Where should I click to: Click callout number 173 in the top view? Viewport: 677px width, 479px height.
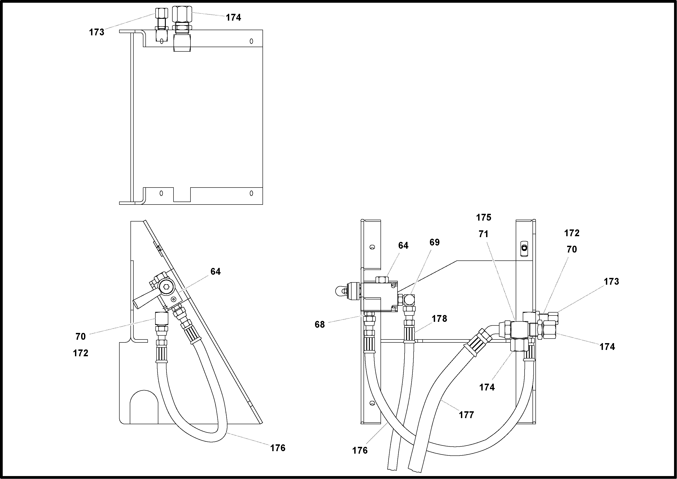96,32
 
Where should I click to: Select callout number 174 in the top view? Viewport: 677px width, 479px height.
233,18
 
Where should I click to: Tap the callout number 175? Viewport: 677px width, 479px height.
484,217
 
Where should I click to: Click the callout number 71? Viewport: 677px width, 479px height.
483,234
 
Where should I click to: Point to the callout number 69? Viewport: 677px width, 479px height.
434,242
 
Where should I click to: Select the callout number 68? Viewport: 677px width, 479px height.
319,325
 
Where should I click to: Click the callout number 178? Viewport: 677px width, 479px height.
439,319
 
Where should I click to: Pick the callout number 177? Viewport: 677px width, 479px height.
466,415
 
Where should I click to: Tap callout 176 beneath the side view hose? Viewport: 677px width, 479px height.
278,448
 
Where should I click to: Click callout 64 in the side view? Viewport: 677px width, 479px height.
215,271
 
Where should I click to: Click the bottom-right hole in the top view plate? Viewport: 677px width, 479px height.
251,193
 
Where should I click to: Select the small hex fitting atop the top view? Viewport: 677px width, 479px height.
161,13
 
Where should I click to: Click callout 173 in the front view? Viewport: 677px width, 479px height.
611,281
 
